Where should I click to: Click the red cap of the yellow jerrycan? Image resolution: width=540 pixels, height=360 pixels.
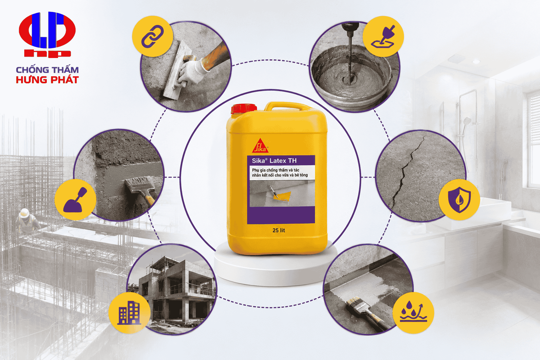[x=244, y=109]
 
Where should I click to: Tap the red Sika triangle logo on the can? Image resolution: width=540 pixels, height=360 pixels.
[x=261, y=146]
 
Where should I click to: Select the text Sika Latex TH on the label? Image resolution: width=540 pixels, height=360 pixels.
[x=274, y=161]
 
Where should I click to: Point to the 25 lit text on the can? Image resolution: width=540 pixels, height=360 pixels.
[x=279, y=230]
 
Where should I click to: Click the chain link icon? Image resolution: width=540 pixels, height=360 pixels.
[x=152, y=36]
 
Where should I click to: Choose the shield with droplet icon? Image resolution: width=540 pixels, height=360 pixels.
[x=459, y=200]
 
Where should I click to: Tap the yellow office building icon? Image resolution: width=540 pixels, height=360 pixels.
[x=129, y=313]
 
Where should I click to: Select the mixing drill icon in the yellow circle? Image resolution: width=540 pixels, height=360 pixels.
[x=383, y=37]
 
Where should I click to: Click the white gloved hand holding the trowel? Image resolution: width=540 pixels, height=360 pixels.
[x=193, y=71]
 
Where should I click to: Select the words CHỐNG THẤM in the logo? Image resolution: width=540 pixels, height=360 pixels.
[x=47, y=70]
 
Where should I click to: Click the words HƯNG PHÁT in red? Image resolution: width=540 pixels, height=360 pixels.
[x=47, y=80]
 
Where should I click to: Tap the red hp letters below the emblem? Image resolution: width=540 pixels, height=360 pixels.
[x=47, y=53]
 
